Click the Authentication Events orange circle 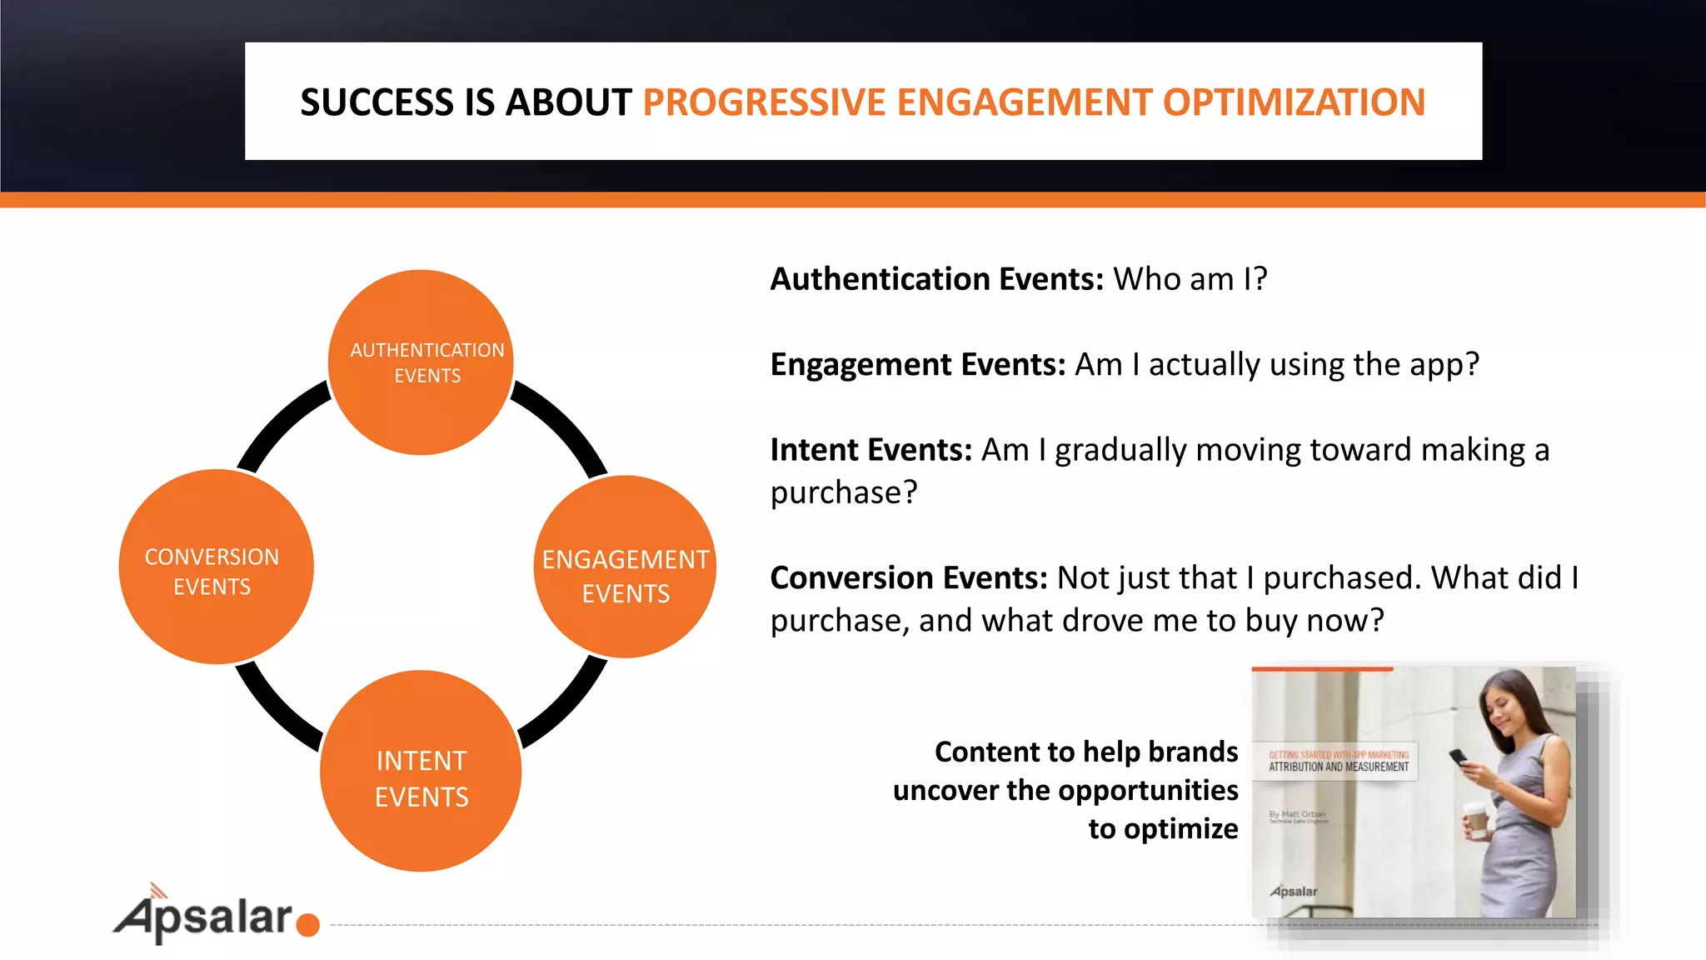click(x=421, y=362)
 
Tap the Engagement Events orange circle click(x=625, y=567)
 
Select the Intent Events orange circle click(x=421, y=772)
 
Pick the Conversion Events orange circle click(x=216, y=567)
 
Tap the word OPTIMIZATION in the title click(x=1294, y=102)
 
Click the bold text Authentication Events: click(x=936, y=279)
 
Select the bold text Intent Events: click(x=870, y=450)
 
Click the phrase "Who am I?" click(x=1190, y=279)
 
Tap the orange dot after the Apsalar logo click(x=308, y=925)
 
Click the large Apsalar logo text click(x=204, y=917)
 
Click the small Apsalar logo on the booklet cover click(x=1294, y=891)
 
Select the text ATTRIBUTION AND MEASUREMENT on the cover click(x=1339, y=767)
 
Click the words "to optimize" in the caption click(x=1163, y=829)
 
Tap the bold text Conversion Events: click(x=908, y=578)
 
